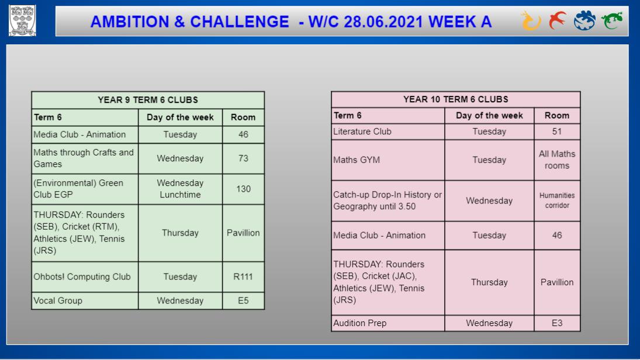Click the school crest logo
[x=22, y=20]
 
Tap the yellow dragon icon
[x=531, y=21]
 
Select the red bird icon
[x=558, y=20]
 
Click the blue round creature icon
[x=584, y=20]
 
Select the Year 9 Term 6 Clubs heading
[x=148, y=100]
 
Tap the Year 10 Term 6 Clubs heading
[x=455, y=99]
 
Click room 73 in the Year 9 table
[x=243, y=158]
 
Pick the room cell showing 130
[x=243, y=189]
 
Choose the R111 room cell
[x=243, y=277]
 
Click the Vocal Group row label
[x=58, y=301]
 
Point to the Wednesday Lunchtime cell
[x=180, y=189]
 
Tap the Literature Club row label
[x=362, y=131]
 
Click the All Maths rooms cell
[x=557, y=160]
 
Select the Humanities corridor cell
[x=557, y=200]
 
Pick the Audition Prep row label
[x=359, y=323]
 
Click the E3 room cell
[x=557, y=323]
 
